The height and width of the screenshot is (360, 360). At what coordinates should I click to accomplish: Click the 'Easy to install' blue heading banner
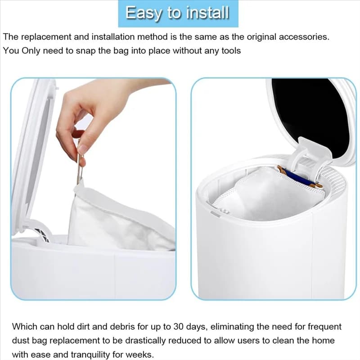pyautogui.click(x=178, y=13)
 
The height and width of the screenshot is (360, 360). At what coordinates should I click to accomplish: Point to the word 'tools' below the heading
pyautogui.click(x=231, y=51)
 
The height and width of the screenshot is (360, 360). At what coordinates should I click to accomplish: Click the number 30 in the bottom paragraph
pyautogui.click(x=178, y=327)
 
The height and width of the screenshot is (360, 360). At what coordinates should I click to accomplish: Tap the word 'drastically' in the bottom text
pyautogui.click(x=145, y=340)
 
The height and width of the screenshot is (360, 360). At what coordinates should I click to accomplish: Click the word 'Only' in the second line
pyautogui.click(x=31, y=51)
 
